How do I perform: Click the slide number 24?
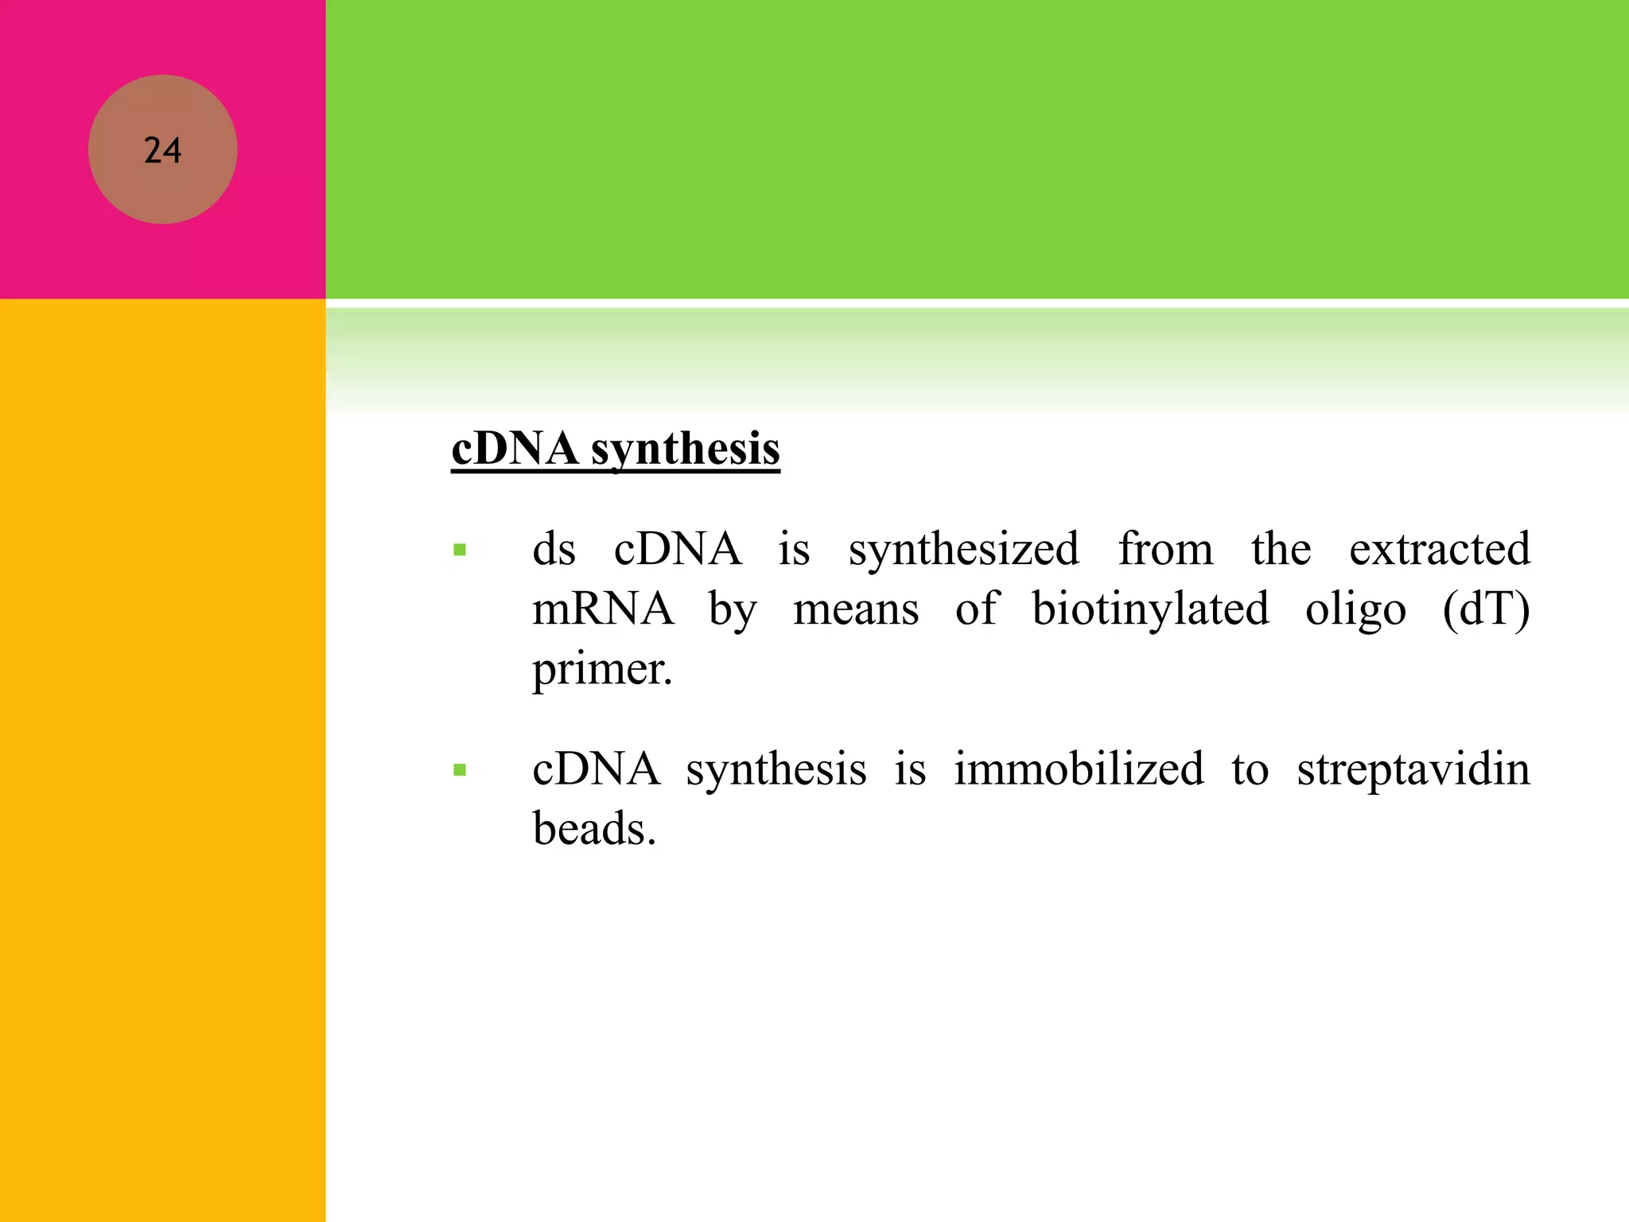pos(162,150)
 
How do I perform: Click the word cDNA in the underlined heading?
pos(515,449)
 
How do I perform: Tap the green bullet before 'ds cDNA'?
pos(459,549)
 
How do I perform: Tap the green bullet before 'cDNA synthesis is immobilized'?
pos(459,769)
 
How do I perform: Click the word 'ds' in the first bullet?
pos(554,549)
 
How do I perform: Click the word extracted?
pos(1439,549)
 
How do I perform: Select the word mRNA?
pos(602,609)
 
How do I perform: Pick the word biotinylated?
pos(1150,610)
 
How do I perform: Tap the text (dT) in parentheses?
pos(1486,609)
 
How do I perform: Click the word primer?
pos(601,670)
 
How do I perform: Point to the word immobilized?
pos(1079,769)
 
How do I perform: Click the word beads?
pos(593,829)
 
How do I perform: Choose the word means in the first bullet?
pos(856,610)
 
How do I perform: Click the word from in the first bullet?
pos(1165,549)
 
